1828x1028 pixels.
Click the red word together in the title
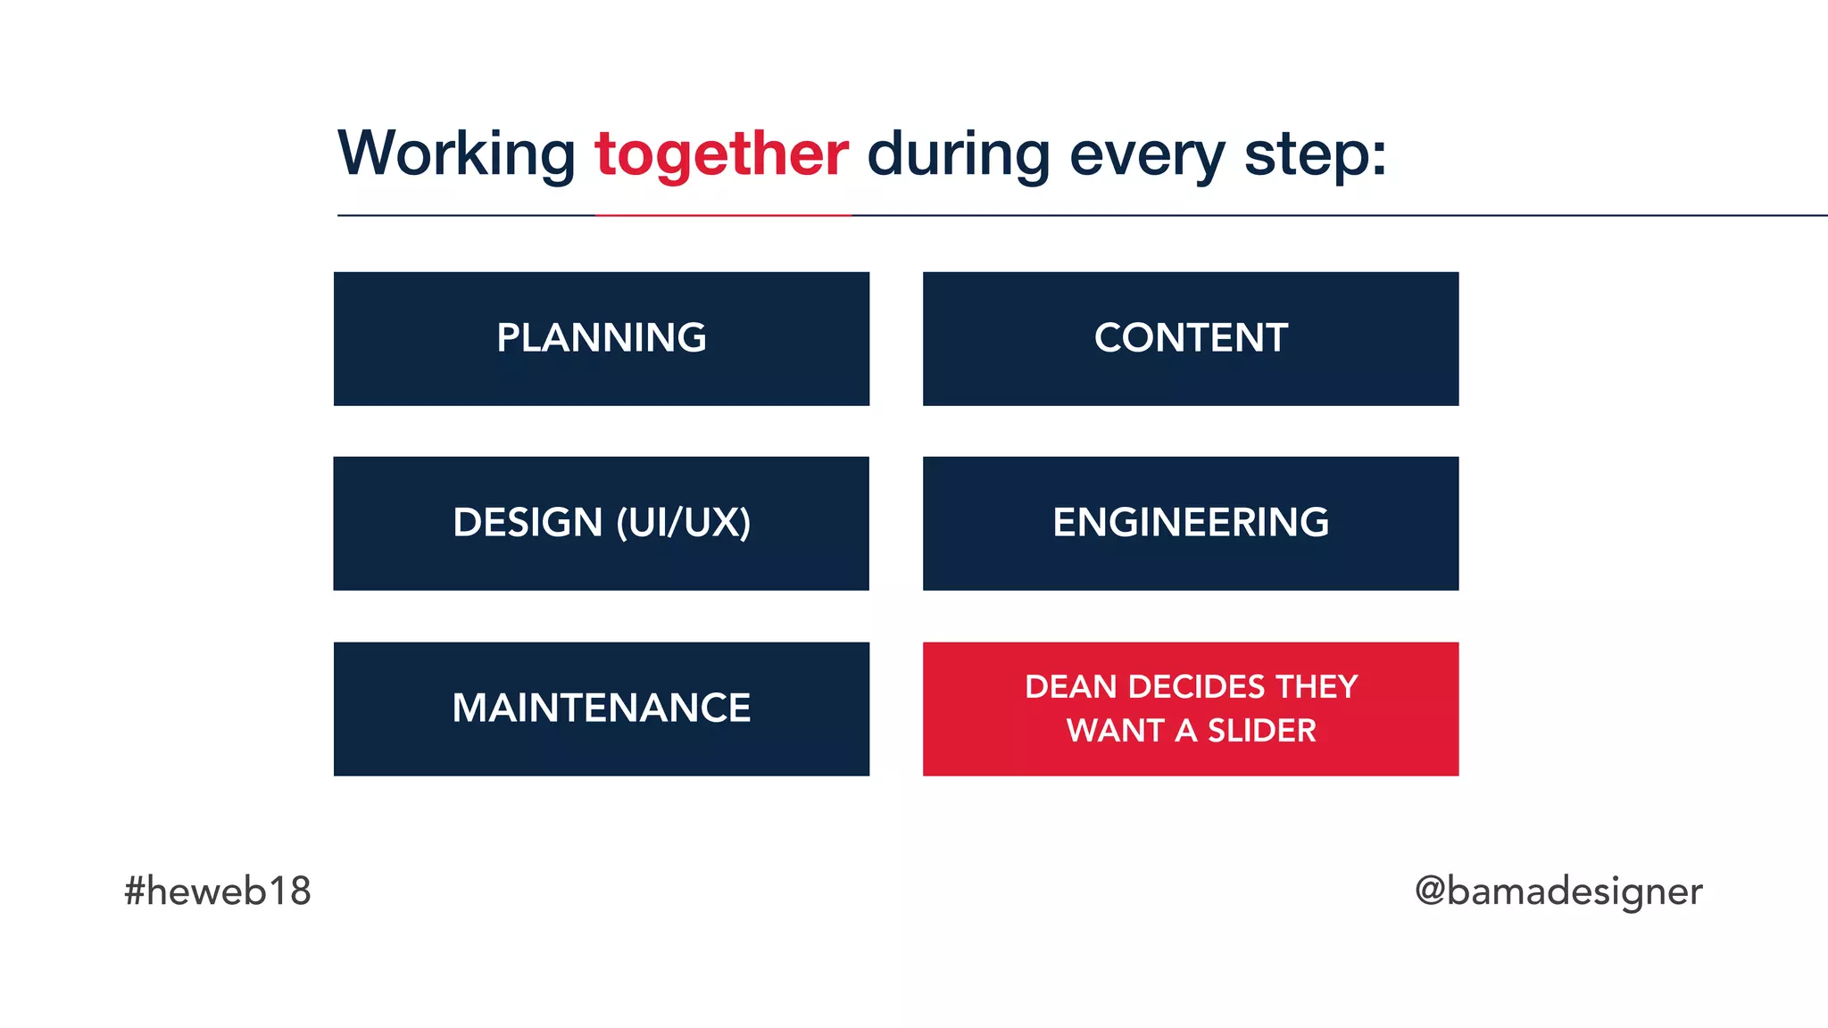pyautogui.click(x=721, y=154)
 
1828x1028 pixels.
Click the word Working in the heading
pyautogui.click(x=457, y=154)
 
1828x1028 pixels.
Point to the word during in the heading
pyautogui.click(x=959, y=154)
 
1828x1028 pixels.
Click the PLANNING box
pyautogui.click(x=602, y=338)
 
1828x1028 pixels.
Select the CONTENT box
pyautogui.click(x=1191, y=338)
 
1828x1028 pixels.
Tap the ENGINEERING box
pyautogui.click(x=1191, y=523)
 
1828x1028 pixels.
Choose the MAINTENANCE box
pyautogui.click(x=602, y=709)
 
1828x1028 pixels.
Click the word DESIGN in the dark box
pyautogui.click(x=528, y=523)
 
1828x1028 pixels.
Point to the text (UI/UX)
pyautogui.click(x=684, y=523)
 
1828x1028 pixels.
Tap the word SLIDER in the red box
pyautogui.click(x=1261, y=731)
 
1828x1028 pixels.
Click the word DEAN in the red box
pyautogui.click(x=1070, y=687)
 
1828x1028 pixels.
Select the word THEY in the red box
pyautogui.click(x=1317, y=687)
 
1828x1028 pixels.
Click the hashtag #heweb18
pyautogui.click(x=218, y=891)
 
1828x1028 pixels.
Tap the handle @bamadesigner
pyautogui.click(x=1558, y=891)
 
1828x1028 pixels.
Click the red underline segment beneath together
pyautogui.click(x=723, y=215)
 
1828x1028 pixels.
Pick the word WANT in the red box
pyautogui.click(x=1116, y=731)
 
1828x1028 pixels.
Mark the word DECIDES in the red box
pyautogui.click(x=1196, y=687)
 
